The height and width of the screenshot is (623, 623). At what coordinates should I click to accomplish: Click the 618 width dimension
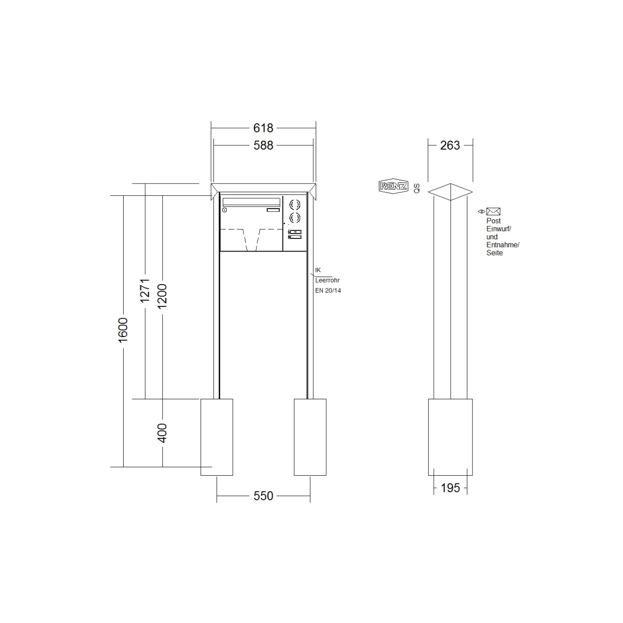(263, 128)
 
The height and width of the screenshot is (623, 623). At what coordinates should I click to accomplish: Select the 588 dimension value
(263, 145)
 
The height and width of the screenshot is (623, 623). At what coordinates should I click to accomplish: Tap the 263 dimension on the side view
(450, 145)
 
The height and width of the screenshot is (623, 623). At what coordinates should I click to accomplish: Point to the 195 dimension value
(450, 488)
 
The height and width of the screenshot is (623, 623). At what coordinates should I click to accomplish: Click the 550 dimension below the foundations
(263, 496)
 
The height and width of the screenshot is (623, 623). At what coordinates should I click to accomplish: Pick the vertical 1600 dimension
(123, 330)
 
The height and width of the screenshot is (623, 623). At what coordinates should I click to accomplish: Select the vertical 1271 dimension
(145, 290)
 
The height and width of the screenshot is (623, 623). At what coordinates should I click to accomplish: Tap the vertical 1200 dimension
(162, 296)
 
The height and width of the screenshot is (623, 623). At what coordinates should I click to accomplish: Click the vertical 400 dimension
(162, 433)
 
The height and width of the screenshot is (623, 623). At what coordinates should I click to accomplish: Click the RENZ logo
(393, 186)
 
